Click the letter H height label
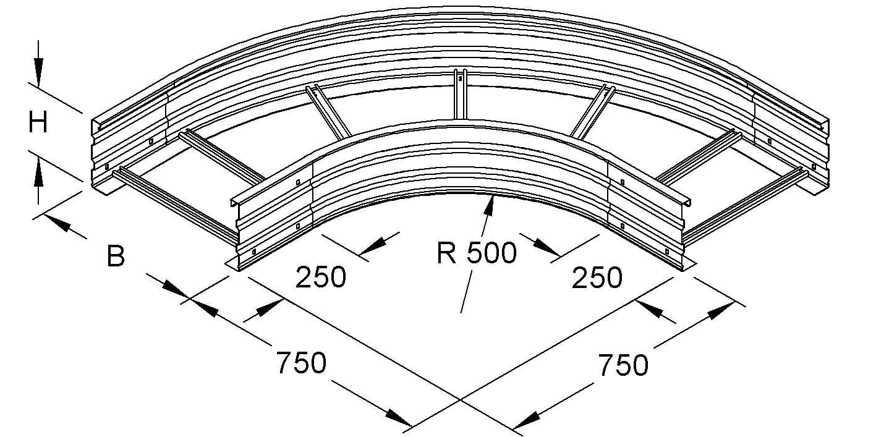click(x=38, y=122)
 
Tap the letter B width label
click(x=116, y=256)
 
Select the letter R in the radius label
click(x=446, y=253)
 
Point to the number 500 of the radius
click(x=491, y=253)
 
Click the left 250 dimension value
click(x=321, y=277)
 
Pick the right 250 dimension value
click(x=597, y=278)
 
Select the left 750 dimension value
click(x=301, y=362)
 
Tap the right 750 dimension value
click(x=623, y=365)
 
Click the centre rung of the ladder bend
click(x=460, y=95)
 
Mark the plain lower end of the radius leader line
click(x=461, y=313)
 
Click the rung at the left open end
click(x=176, y=204)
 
